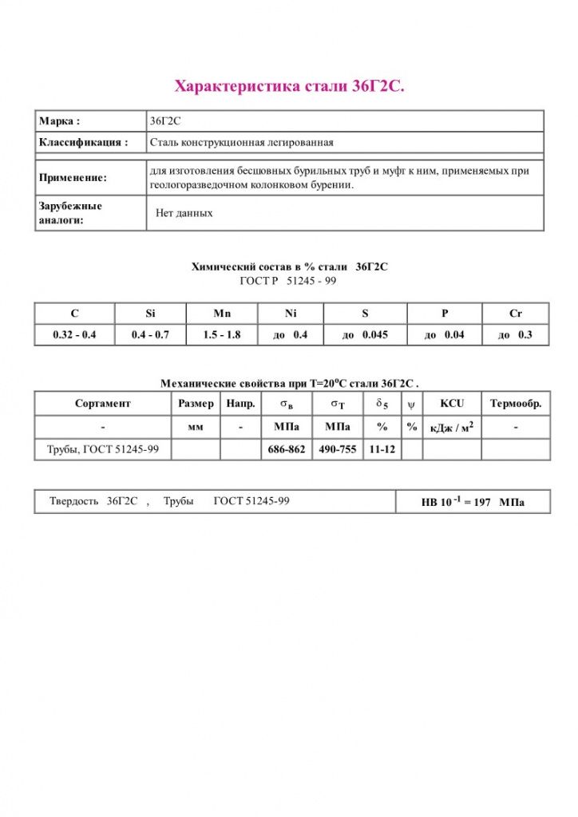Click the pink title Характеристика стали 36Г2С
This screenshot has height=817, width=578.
pos(289,86)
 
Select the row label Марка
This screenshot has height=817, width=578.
pos(59,121)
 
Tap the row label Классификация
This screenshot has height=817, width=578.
pos(83,143)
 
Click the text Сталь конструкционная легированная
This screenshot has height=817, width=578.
pos(241,143)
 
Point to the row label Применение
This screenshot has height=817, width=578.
pos(73,178)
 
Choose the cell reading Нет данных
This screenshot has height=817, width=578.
pos(184,213)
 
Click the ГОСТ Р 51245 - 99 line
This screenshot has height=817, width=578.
pos(288,281)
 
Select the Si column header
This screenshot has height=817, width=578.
pos(151,314)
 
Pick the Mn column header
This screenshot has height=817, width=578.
pos(221,314)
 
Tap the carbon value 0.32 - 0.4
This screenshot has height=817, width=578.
pos(74,335)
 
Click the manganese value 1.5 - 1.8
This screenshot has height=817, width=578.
pos(221,335)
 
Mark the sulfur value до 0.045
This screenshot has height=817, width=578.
pos(365,335)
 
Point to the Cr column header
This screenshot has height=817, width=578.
pos(516,314)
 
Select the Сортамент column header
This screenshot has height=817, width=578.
pos(103,404)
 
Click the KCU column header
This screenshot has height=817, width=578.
pos(451,404)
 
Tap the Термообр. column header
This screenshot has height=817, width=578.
pos(516,404)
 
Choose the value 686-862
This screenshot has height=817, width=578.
pos(286,450)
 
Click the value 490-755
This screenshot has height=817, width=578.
pos(338,450)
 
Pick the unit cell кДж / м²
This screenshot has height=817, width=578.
pos(451,428)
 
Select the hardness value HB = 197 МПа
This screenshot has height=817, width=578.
pos(473,503)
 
